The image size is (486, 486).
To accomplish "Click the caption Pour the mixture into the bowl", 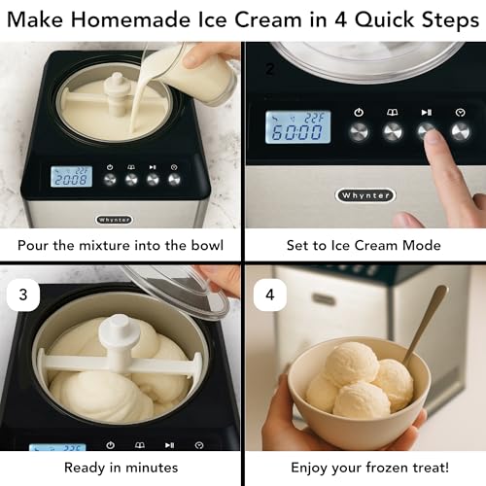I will click(121, 245).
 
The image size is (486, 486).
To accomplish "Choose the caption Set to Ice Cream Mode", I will click(364, 245).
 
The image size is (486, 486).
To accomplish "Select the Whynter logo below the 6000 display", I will click(365, 195).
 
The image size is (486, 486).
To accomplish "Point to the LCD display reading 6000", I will click(297, 127).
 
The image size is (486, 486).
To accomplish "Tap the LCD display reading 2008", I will click(71, 176).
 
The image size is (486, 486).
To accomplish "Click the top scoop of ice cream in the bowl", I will click(351, 362).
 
